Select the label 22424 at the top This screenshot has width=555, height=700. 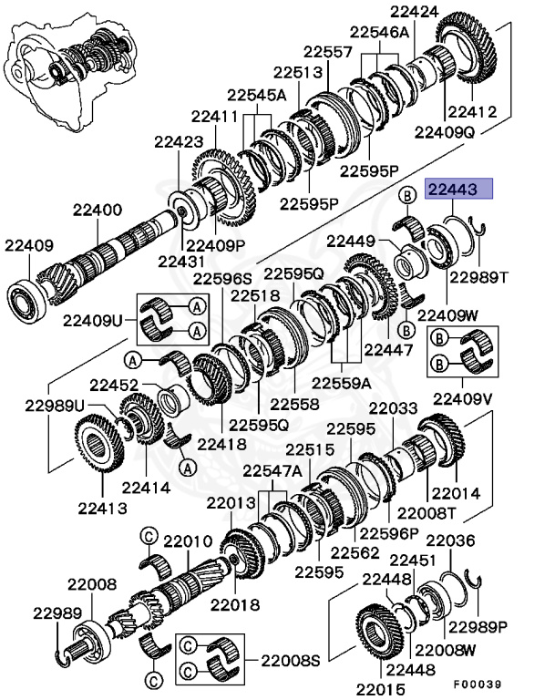pos(414,13)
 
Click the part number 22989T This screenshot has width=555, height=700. pos(479,275)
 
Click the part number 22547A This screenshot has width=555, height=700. pos(272,470)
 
